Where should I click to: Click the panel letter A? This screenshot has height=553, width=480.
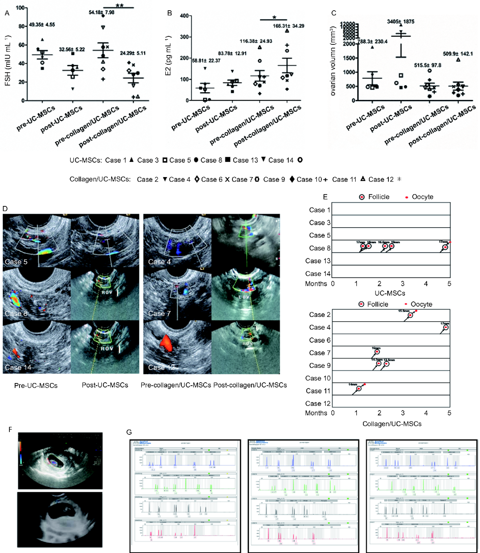[x=7, y=13]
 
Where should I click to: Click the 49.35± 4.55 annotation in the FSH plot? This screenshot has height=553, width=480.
[x=42, y=25]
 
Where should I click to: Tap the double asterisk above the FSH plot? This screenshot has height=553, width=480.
[x=120, y=5]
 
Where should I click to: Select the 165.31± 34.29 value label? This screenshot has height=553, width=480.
[x=288, y=26]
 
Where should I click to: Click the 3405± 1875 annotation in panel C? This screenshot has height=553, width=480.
[x=400, y=22]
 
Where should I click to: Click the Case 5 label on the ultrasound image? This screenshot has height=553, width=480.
[x=16, y=261]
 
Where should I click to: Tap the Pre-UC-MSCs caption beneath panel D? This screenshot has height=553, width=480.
[x=36, y=385]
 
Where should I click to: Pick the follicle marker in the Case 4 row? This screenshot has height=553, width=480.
[x=446, y=328]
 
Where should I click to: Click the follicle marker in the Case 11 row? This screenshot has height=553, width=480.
[x=359, y=389]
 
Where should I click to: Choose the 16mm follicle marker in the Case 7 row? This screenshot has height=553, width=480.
[x=377, y=352]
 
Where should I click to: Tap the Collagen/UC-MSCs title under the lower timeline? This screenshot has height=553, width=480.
[x=392, y=424]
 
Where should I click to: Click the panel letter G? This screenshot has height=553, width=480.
[x=129, y=432]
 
